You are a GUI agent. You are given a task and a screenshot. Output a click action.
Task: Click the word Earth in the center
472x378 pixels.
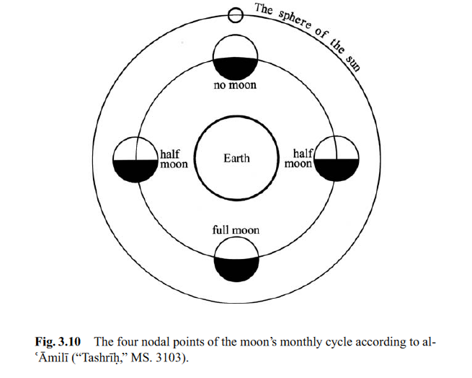click(x=236, y=159)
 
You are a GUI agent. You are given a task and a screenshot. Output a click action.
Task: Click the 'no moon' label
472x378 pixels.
click(x=236, y=87)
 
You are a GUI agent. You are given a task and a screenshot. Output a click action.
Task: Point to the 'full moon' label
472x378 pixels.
click(x=236, y=230)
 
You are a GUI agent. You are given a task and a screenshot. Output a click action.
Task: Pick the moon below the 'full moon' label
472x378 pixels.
click(x=236, y=259)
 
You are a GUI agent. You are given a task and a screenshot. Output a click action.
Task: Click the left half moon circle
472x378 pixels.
click(x=135, y=158)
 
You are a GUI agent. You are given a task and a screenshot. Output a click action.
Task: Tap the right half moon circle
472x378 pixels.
click(x=337, y=158)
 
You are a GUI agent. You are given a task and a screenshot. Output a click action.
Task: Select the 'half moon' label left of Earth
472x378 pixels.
click(x=173, y=159)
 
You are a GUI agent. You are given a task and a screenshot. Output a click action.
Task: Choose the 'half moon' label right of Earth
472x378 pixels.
click(x=298, y=159)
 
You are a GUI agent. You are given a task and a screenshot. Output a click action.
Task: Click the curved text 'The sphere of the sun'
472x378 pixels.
click(x=310, y=32)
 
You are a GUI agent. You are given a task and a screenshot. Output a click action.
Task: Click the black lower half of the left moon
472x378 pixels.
click(x=135, y=170)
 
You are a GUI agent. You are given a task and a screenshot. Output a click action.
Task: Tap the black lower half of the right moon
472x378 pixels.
click(x=337, y=170)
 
